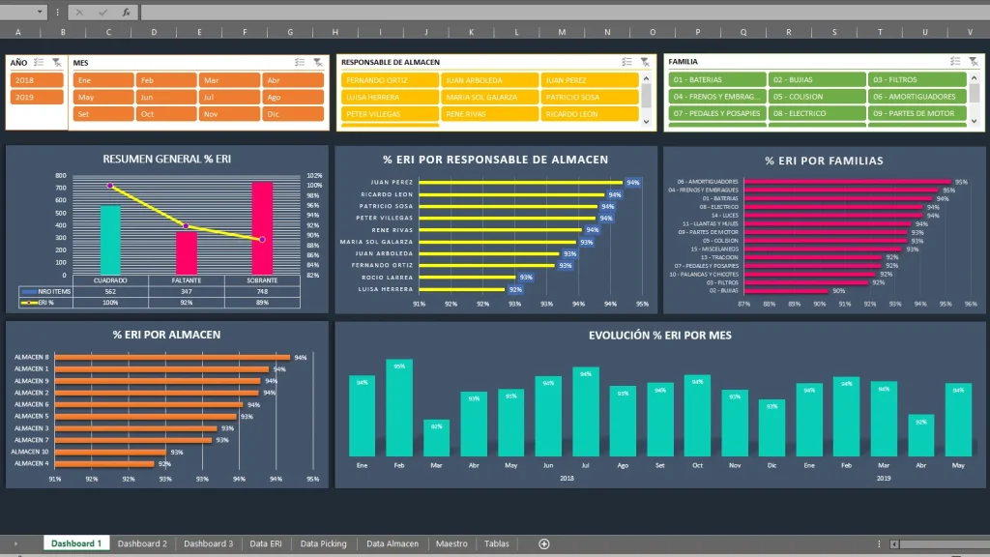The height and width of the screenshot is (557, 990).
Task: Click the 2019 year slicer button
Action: pyautogui.click(x=37, y=97)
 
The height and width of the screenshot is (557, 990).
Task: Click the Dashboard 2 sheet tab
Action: pyautogui.click(x=142, y=543)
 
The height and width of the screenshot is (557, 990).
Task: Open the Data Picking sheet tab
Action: pyautogui.click(x=323, y=543)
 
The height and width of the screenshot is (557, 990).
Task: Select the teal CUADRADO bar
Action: pyautogui.click(x=111, y=239)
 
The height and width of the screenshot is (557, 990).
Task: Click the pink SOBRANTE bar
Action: pyautogui.click(x=262, y=227)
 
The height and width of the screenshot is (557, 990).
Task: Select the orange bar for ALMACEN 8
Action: pyautogui.click(x=172, y=357)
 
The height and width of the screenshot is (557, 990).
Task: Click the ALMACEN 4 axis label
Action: pyautogui.click(x=31, y=463)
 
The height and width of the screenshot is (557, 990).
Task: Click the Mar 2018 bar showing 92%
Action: pyautogui.click(x=436, y=437)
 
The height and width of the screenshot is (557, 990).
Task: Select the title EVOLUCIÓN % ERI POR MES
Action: pyautogui.click(x=660, y=336)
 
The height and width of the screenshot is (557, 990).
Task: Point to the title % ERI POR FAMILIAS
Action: pyautogui.click(x=824, y=161)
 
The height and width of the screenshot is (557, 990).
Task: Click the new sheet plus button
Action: pyautogui.click(x=544, y=543)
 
